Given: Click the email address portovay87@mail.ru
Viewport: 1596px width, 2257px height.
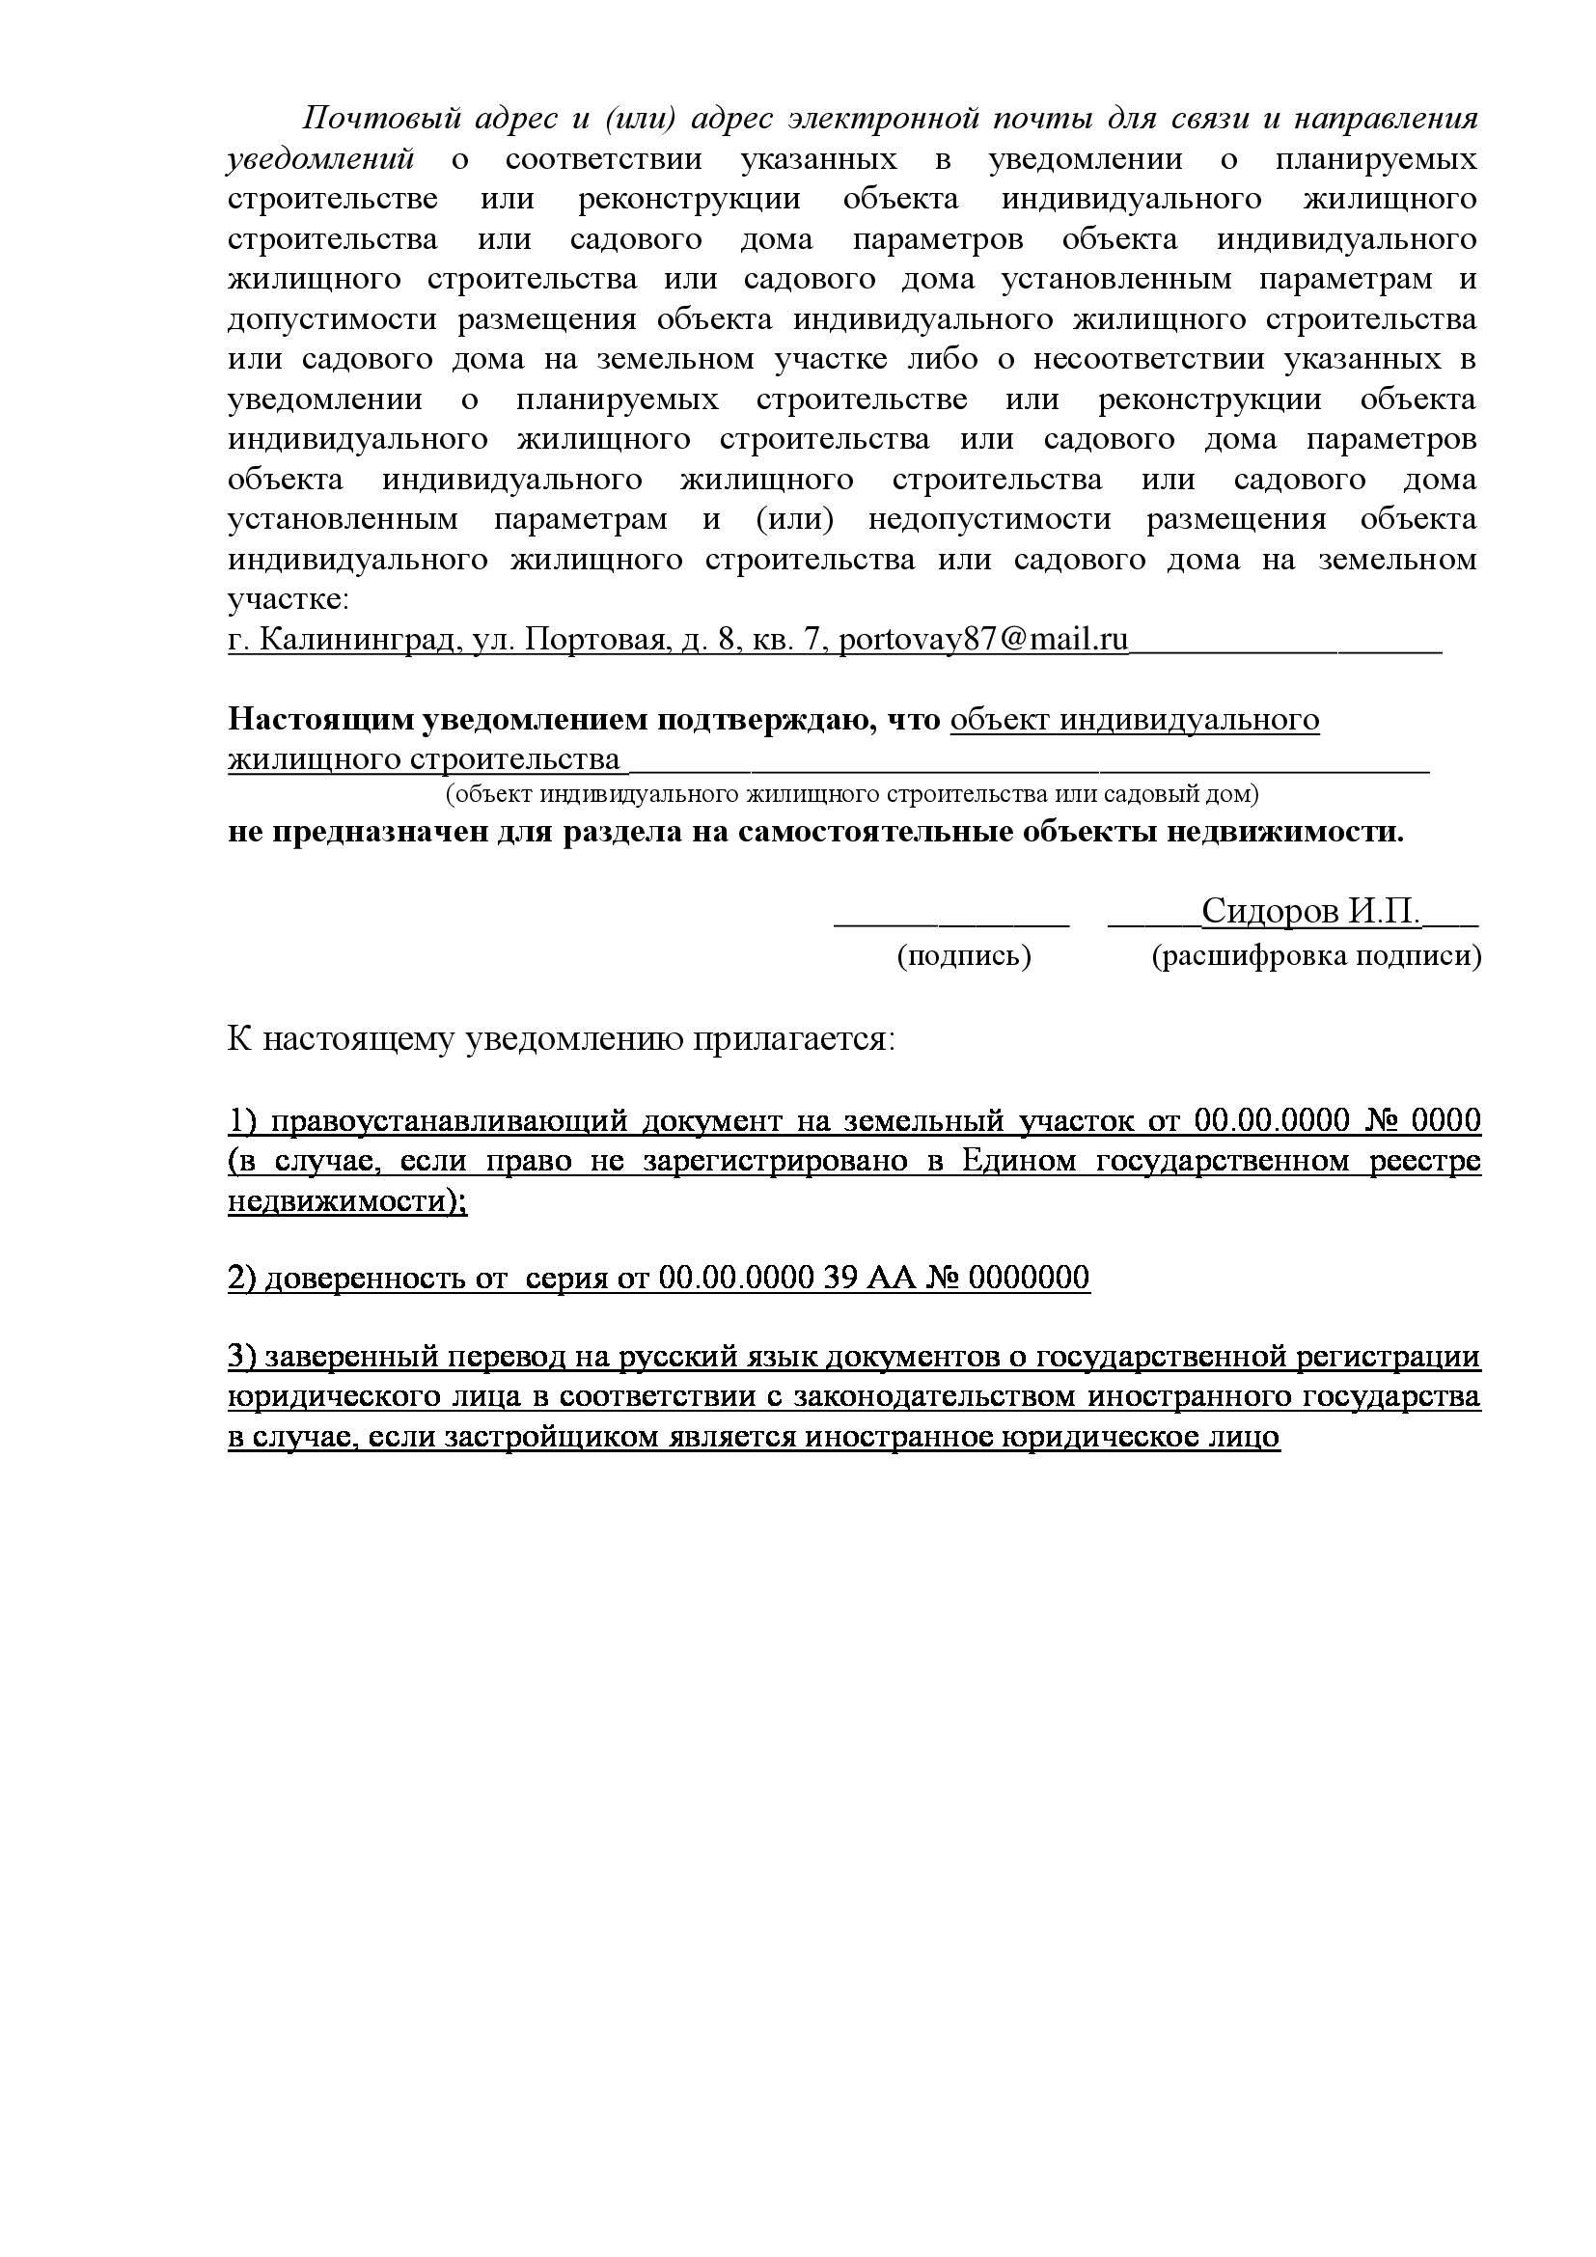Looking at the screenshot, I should tap(982, 640).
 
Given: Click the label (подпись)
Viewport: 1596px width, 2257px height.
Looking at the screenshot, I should tap(963, 956).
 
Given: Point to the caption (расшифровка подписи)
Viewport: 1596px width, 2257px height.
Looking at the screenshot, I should tap(1316, 956).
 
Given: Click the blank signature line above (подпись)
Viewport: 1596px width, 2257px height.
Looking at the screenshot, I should tap(950, 922).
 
